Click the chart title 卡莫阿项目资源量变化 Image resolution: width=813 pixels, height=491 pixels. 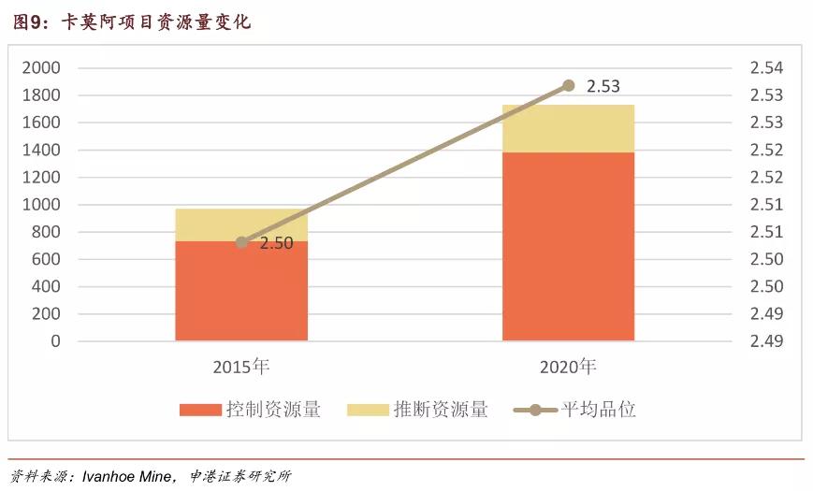point(155,22)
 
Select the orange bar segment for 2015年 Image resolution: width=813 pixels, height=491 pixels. point(241,291)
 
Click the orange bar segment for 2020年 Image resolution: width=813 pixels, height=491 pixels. point(568,246)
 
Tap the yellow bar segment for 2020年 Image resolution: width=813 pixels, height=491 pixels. point(568,128)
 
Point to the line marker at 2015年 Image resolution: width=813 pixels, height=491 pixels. point(241,242)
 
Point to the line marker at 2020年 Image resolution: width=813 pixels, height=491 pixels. point(568,85)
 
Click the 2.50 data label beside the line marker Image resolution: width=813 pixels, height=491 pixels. point(276,243)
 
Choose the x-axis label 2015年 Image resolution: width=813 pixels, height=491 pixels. point(241,366)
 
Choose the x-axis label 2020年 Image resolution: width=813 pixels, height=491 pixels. point(568,366)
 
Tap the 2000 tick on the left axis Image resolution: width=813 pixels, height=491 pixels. point(41,68)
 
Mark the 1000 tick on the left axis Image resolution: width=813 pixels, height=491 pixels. point(41,205)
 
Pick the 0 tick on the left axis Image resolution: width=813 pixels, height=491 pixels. point(55,341)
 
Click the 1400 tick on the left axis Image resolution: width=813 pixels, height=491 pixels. point(41,150)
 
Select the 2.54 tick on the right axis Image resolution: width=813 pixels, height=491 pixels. point(766,68)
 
